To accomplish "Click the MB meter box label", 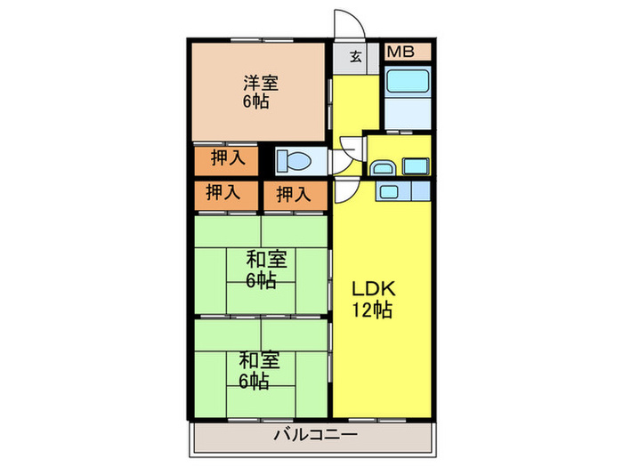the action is coord(400,52).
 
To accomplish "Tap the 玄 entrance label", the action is coord(356,57).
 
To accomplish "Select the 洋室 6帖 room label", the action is coord(261,93).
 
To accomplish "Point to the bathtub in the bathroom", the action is coord(408,80).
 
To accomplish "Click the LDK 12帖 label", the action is coord(373,300).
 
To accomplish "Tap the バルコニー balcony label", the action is coord(315,434).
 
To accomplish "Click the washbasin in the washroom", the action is coord(383,168).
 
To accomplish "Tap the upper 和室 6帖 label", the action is coord(265,270).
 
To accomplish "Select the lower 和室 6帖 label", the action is coord(259,370).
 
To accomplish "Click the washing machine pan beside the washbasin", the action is coord(416,166).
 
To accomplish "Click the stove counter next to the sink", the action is coord(421,191).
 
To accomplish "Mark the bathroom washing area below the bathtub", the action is coord(408,113).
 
